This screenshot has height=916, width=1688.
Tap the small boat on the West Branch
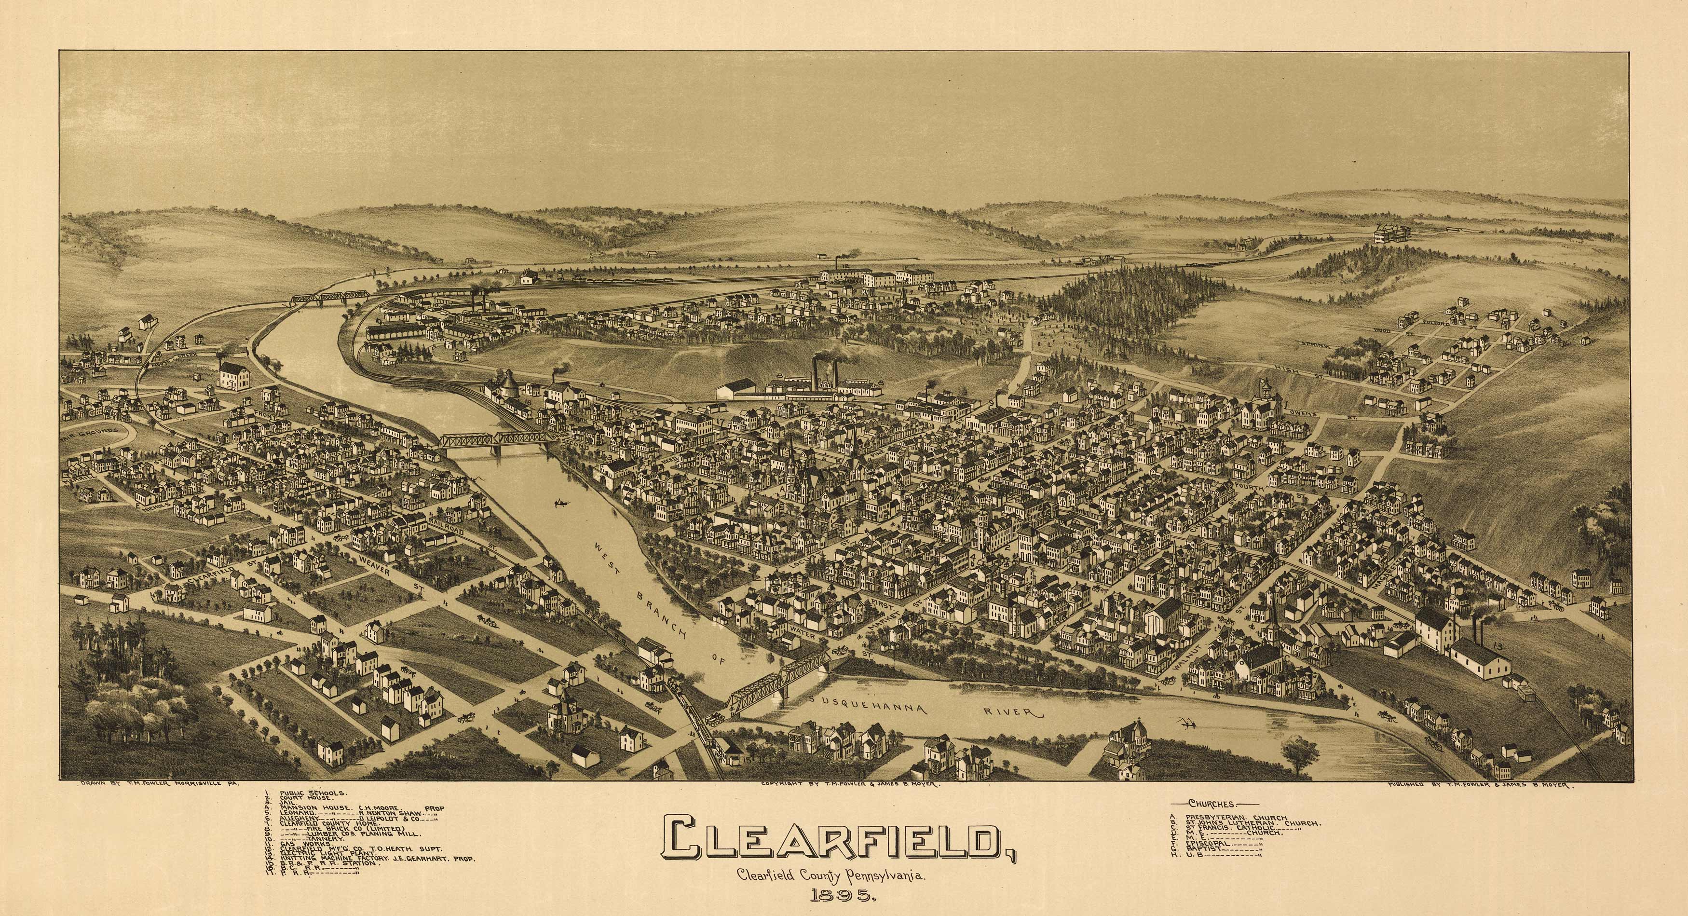561,503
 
